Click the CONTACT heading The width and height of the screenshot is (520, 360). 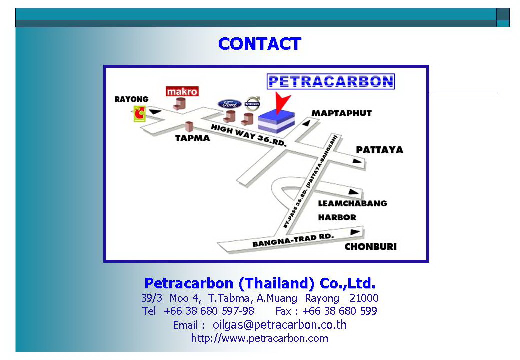[x=259, y=44]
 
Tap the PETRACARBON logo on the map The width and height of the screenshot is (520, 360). [x=331, y=81]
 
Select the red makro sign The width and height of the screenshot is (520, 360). [x=182, y=91]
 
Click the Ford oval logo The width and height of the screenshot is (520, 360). [x=229, y=104]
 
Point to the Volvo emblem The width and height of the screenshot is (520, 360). [x=252, y=104]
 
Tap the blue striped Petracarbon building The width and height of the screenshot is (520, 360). [x=276, y=121]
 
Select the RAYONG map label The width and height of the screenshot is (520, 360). [x=131, y=99]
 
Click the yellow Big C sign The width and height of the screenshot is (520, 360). [x=139, y=114]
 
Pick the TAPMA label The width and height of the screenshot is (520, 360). [x=192, y=138]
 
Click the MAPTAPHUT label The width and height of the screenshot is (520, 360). [x=342, y=113]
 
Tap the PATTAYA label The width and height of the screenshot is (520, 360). [x=379, y=150]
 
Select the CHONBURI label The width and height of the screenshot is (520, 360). [x=371, y=247]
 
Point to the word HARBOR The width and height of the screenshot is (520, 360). [x=337, y=218]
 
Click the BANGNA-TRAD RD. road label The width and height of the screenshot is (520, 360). [x=293, y=240]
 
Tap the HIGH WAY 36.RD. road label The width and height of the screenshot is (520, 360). [x=248, y=135]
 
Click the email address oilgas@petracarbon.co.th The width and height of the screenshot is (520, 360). [x=279, y=325]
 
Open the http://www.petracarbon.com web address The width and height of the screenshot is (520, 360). [x=259, y=338]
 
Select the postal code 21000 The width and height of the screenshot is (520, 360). [x=364, y=298]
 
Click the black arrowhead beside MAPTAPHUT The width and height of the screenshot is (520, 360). [x=306, y=123]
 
